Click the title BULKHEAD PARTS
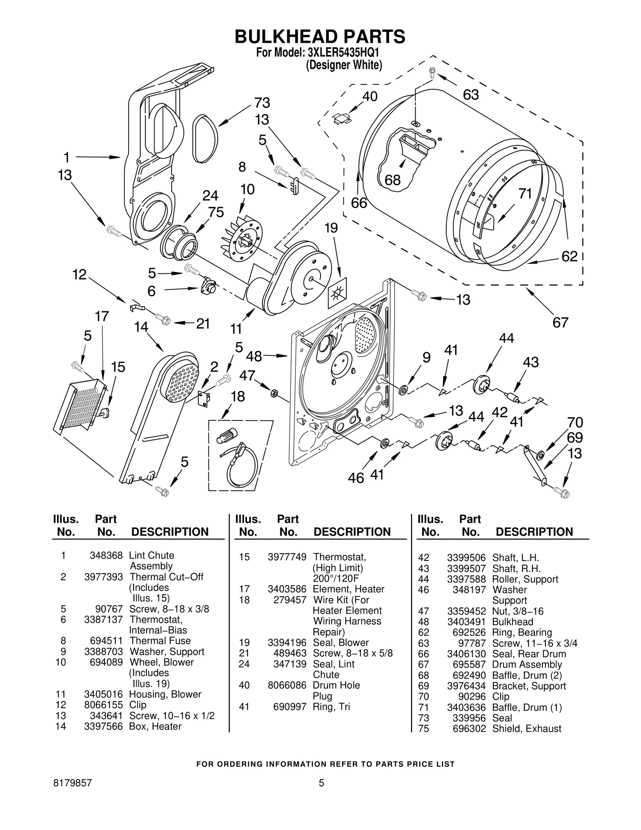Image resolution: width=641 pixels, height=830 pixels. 320,36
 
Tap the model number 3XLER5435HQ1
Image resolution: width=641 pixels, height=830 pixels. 343,53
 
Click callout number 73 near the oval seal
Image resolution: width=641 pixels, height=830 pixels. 262,103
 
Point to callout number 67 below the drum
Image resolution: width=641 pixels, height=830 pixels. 560,322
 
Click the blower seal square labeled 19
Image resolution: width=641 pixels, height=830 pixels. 337,294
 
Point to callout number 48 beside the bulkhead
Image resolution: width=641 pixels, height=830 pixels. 254,356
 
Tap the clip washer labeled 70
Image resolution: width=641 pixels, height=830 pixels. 540,455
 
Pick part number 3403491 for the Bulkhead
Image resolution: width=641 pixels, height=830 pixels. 466,622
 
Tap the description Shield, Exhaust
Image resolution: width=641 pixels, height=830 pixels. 526,729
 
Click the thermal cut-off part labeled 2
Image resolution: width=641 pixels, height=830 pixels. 204,399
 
